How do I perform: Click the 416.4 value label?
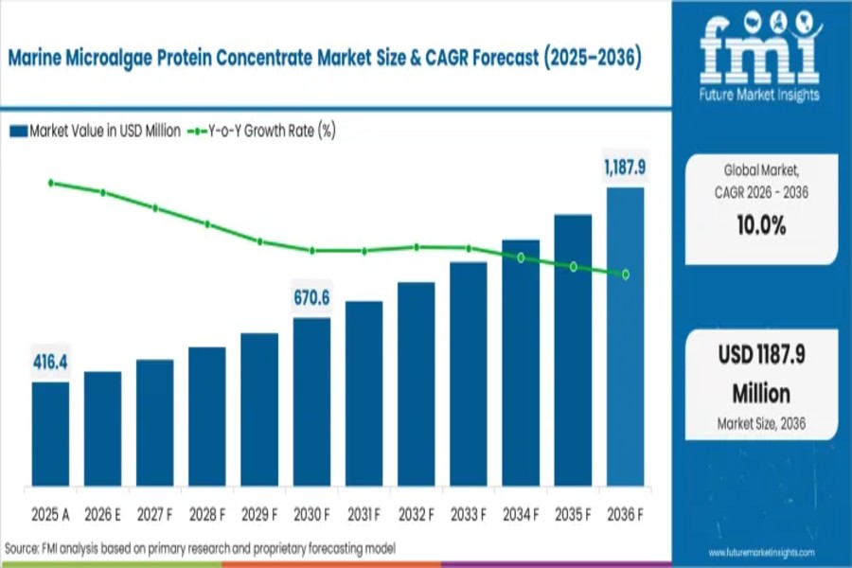click(49, 364)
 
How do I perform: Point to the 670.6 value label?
click(311, 299)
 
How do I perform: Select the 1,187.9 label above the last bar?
click(625, 168)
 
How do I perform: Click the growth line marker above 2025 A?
click(51, 183)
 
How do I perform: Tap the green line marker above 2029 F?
click(260, 241)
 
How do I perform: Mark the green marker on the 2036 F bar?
click(625, 275)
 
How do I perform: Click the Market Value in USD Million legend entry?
click(95, 131)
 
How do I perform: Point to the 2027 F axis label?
click(155, 515)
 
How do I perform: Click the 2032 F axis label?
click(417, 515)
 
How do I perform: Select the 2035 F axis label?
click(573, 515)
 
